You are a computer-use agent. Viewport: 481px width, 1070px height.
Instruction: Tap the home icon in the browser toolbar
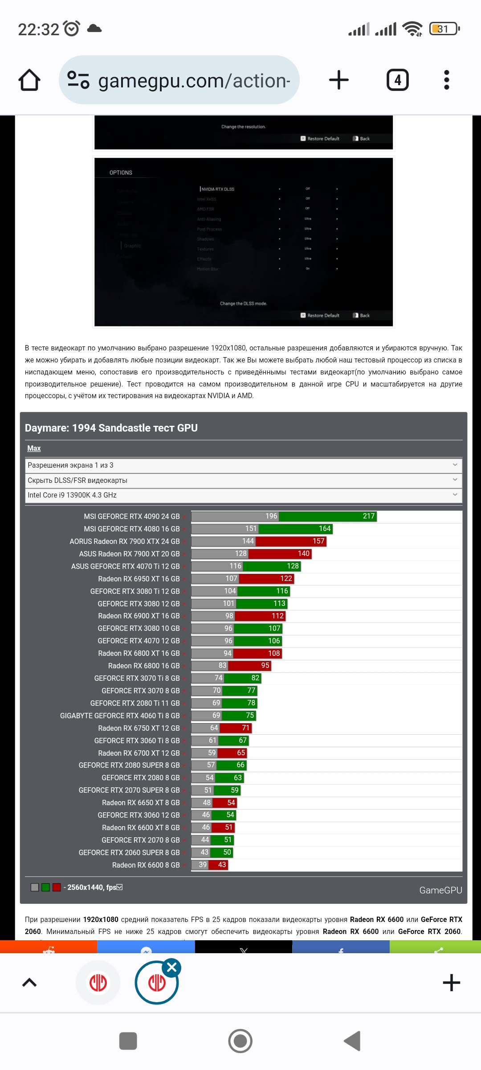point(29,80)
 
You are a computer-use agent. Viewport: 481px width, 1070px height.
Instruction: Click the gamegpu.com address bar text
point(194,81)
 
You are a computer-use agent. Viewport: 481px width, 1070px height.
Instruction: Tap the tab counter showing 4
point(397,80)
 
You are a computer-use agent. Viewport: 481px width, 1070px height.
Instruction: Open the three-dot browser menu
point(447,80)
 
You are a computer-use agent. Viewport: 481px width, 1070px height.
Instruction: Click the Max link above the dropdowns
point(34,449)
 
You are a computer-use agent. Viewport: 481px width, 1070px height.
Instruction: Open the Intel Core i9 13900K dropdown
point(243,495)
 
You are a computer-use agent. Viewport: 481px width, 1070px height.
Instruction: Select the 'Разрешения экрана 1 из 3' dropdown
point(243,465)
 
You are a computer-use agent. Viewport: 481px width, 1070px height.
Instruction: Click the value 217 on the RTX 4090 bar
point(369,516)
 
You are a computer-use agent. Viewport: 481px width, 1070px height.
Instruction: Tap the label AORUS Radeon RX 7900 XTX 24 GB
point(125,541)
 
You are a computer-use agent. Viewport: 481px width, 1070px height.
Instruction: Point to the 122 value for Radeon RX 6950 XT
point(286,579)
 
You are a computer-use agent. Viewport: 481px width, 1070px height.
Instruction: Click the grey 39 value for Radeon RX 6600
point(203,865)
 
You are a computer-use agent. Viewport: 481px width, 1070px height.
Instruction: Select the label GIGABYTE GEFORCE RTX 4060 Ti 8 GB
point(120,716)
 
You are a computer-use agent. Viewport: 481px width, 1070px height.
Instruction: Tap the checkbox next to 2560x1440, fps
point(119,887)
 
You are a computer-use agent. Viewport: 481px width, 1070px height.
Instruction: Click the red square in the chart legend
point(57,887)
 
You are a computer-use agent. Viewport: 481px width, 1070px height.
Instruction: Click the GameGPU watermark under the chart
point(440,890)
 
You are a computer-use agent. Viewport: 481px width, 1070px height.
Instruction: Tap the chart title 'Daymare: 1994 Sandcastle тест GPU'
point(111,428)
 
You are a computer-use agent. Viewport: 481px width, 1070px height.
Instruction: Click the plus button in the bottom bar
point(451,983)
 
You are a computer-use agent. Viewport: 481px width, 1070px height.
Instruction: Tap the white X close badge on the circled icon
point(172,967)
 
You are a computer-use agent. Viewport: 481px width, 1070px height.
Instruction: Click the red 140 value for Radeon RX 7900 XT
point(303,554)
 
